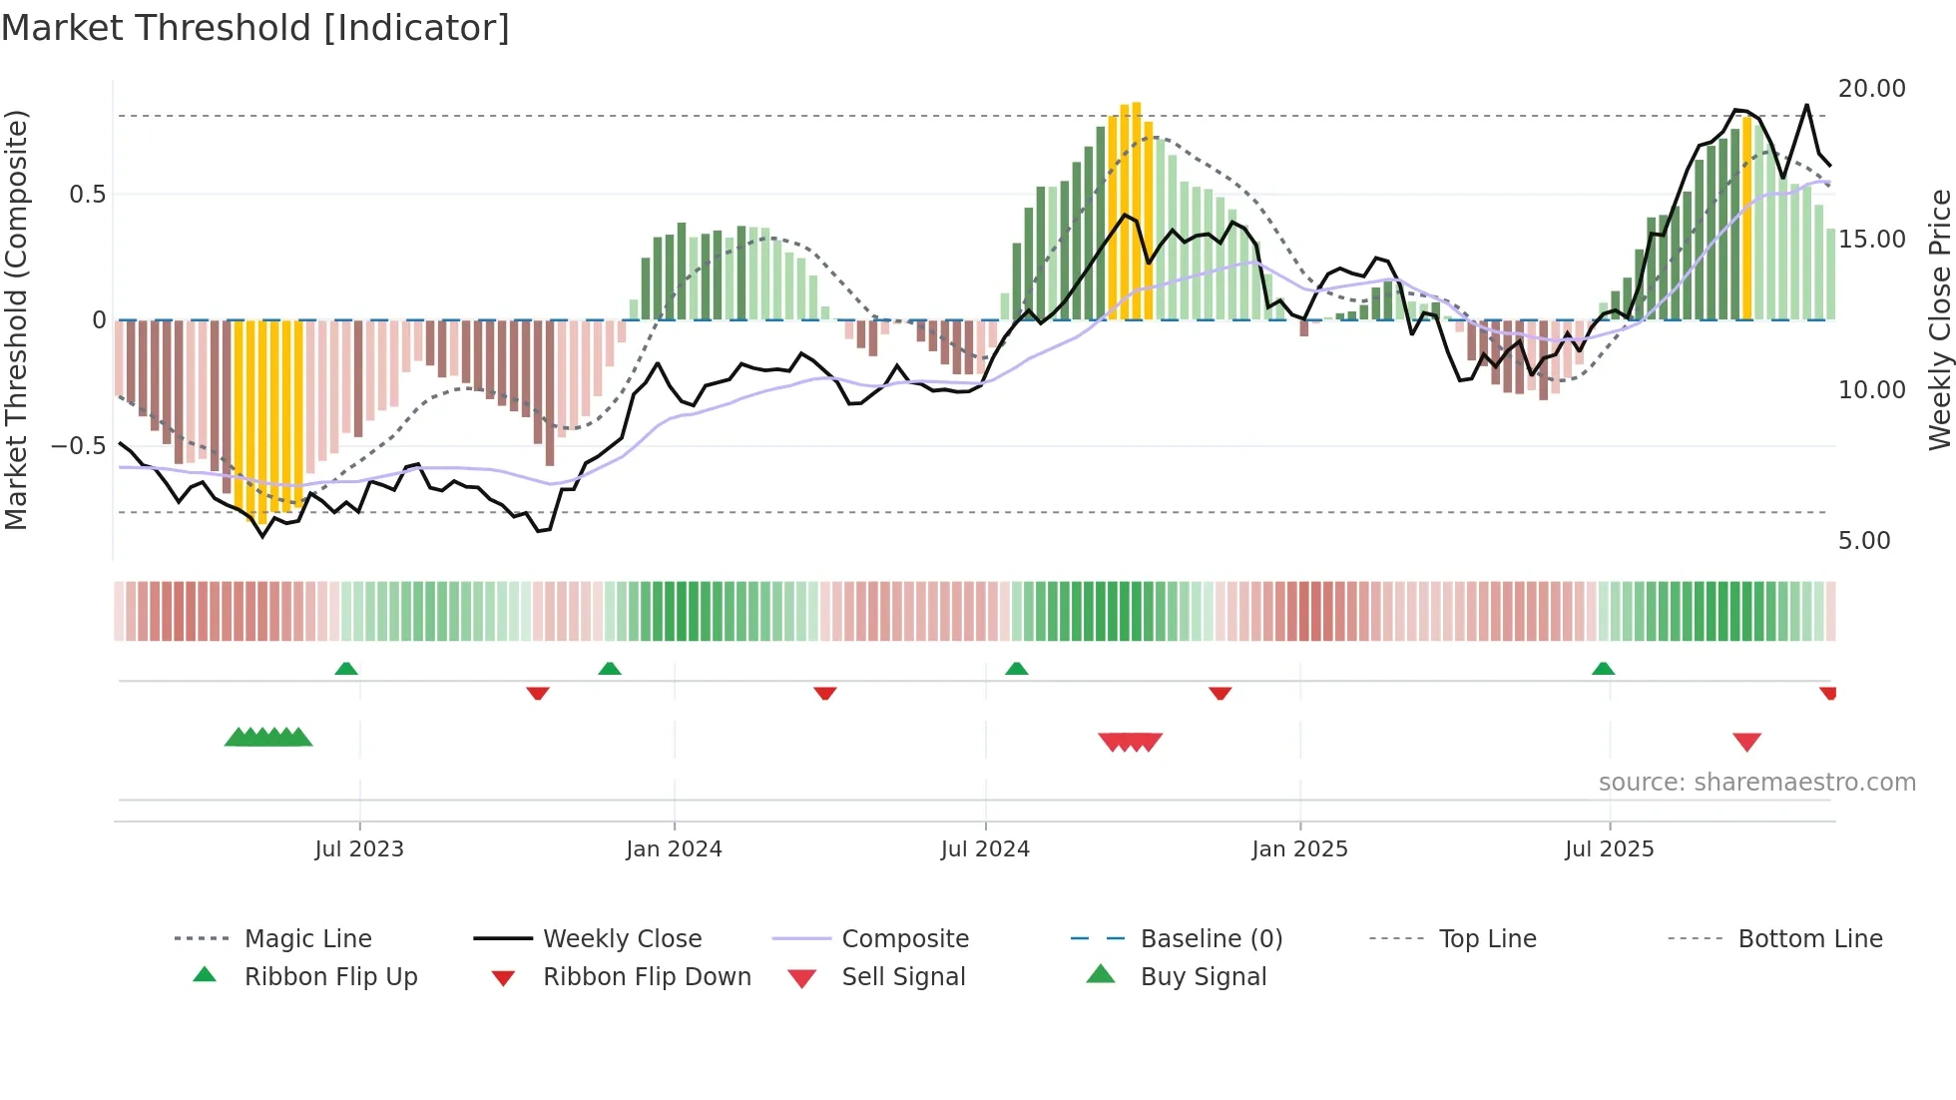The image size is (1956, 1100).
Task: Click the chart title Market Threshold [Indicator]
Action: pos(255,28)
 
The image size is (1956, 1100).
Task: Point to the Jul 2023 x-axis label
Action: pos(359,849)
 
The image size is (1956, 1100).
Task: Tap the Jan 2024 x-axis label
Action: pos(674,849)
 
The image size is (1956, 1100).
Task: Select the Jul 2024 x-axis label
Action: pos(985,849)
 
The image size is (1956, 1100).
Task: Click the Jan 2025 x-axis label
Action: pos(1299,849)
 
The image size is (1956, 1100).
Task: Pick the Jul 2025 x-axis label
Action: pos(1609,849)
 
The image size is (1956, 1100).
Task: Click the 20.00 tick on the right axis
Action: pos(1871,89)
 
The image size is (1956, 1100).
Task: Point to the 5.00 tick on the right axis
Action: pos(1864,541)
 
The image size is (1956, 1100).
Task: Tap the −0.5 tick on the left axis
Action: pos(79,445)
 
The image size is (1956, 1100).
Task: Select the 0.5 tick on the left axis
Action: pos(88,195)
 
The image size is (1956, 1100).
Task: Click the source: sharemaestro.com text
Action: pos(1756,783)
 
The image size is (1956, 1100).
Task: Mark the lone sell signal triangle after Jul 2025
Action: pos(1746,742)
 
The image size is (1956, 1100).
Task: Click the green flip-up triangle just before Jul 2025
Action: pos(1603,669)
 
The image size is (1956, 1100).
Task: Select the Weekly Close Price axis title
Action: pos(1939,319)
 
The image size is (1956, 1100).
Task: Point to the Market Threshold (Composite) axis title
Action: pos(16,319)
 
